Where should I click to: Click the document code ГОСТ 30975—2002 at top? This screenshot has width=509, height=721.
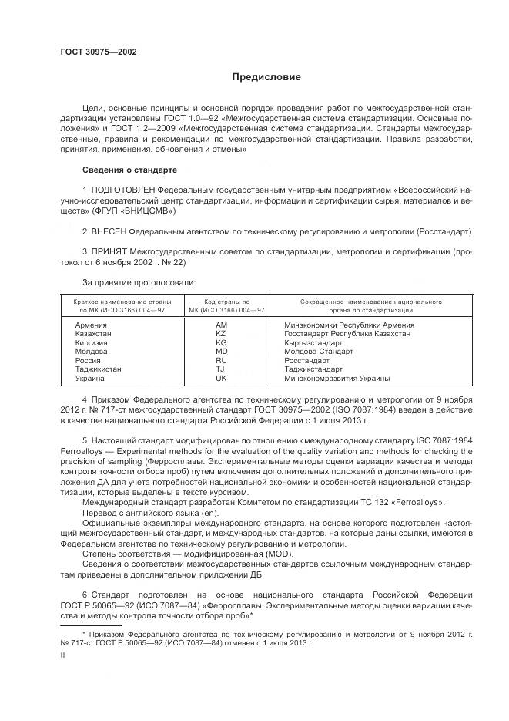click(98, 52)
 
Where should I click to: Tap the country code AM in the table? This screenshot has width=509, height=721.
click(222, 325)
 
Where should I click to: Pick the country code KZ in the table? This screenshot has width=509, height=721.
click(222, 334)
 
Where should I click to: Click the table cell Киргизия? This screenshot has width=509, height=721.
click(91, 343)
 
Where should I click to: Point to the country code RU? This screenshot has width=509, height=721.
click(222, 361)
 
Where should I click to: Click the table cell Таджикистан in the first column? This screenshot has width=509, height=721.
click(98, 369)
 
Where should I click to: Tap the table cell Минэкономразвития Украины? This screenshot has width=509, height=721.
click(337, 379)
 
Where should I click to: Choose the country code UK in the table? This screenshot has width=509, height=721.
click(222, 379)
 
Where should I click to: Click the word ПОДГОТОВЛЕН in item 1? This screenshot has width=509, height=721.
click(124, 190)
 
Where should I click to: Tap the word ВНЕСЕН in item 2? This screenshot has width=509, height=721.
click(109, 231)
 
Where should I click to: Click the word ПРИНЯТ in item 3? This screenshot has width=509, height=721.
click(110, 252)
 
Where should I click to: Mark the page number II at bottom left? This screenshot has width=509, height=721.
click(63, 655)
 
